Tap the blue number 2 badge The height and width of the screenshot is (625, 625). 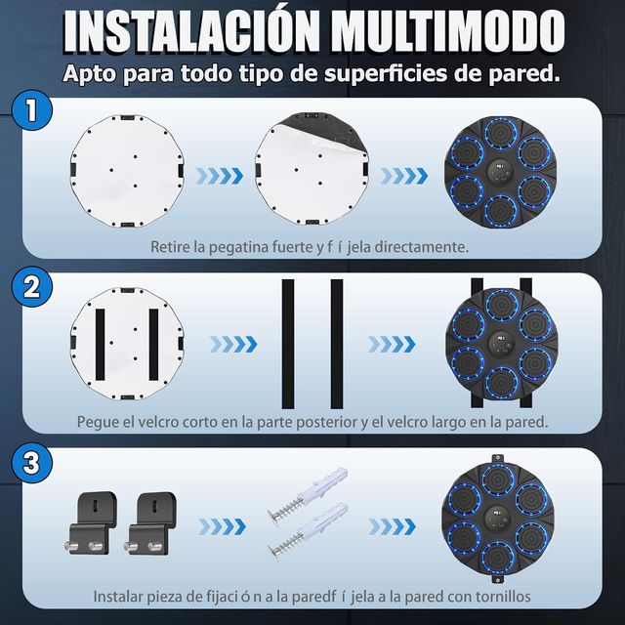[x=32, y=289]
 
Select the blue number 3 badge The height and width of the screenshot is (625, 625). [x=32, y=463]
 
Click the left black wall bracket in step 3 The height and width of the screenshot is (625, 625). [x=96, y=518]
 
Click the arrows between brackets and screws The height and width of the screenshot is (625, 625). [x=221, y=526]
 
